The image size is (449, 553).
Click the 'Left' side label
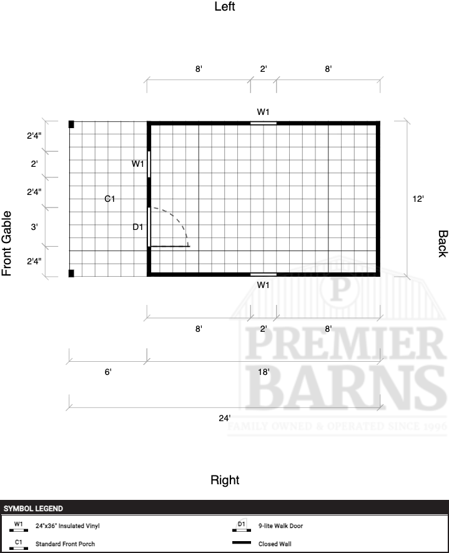225,6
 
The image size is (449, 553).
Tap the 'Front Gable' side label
7,243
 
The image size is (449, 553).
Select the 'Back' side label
443,244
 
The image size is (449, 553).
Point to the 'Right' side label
225,480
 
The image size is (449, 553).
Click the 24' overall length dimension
225,418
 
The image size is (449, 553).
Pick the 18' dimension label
264,372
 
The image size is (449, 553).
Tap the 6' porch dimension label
108,372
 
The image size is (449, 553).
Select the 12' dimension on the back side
418,199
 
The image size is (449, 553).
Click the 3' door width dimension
34,227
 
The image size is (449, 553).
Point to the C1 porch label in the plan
110,199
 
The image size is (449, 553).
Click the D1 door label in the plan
138,227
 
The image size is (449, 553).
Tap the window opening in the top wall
264,123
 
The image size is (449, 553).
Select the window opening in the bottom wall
264,274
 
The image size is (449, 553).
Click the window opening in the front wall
149,164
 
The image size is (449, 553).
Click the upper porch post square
71,124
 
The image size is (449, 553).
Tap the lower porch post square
71,273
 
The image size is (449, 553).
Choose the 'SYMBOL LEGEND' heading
33,509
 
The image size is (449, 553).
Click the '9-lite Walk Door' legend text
280,526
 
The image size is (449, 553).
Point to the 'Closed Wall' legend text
275,544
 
